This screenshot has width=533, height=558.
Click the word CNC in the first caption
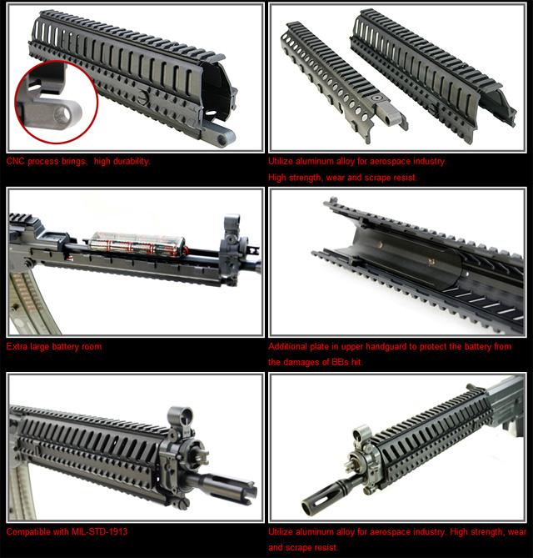[15, 161]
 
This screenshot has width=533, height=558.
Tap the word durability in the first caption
[132, 162]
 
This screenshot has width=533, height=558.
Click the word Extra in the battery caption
[17, 346]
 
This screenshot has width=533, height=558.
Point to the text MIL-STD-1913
[99, 531]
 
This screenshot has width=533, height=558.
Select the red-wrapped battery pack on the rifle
[137, 244]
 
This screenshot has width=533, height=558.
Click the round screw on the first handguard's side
[142, 98]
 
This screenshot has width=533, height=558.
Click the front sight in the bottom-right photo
[361, 436]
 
